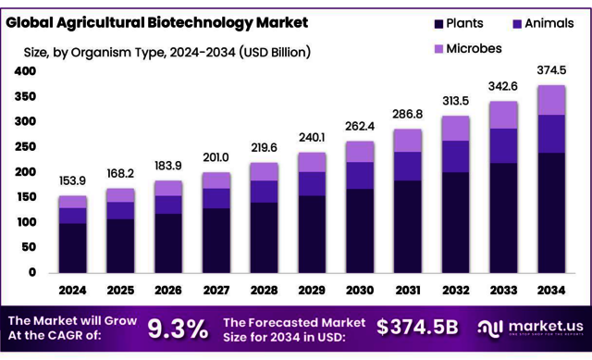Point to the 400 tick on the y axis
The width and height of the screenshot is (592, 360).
tap(25, 71)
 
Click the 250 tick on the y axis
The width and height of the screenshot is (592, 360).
tap(25, 147)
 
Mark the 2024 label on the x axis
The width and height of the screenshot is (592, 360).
tap(73, 291)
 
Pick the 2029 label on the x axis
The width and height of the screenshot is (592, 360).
tap(312, 291)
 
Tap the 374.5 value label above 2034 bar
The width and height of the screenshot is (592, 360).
tap(552, 70)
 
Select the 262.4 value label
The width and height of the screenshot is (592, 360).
tap(360, 127)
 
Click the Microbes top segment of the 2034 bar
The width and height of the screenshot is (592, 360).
tap(552, 100)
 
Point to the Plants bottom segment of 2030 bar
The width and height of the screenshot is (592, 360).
tap(360, 230)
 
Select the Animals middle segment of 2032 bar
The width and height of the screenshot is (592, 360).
tap(456, 156)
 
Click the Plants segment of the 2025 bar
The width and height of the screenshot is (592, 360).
tap(121, 245)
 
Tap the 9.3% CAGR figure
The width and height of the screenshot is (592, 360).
tap(178, 328)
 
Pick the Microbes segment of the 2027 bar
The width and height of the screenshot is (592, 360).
tap(216, 180)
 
